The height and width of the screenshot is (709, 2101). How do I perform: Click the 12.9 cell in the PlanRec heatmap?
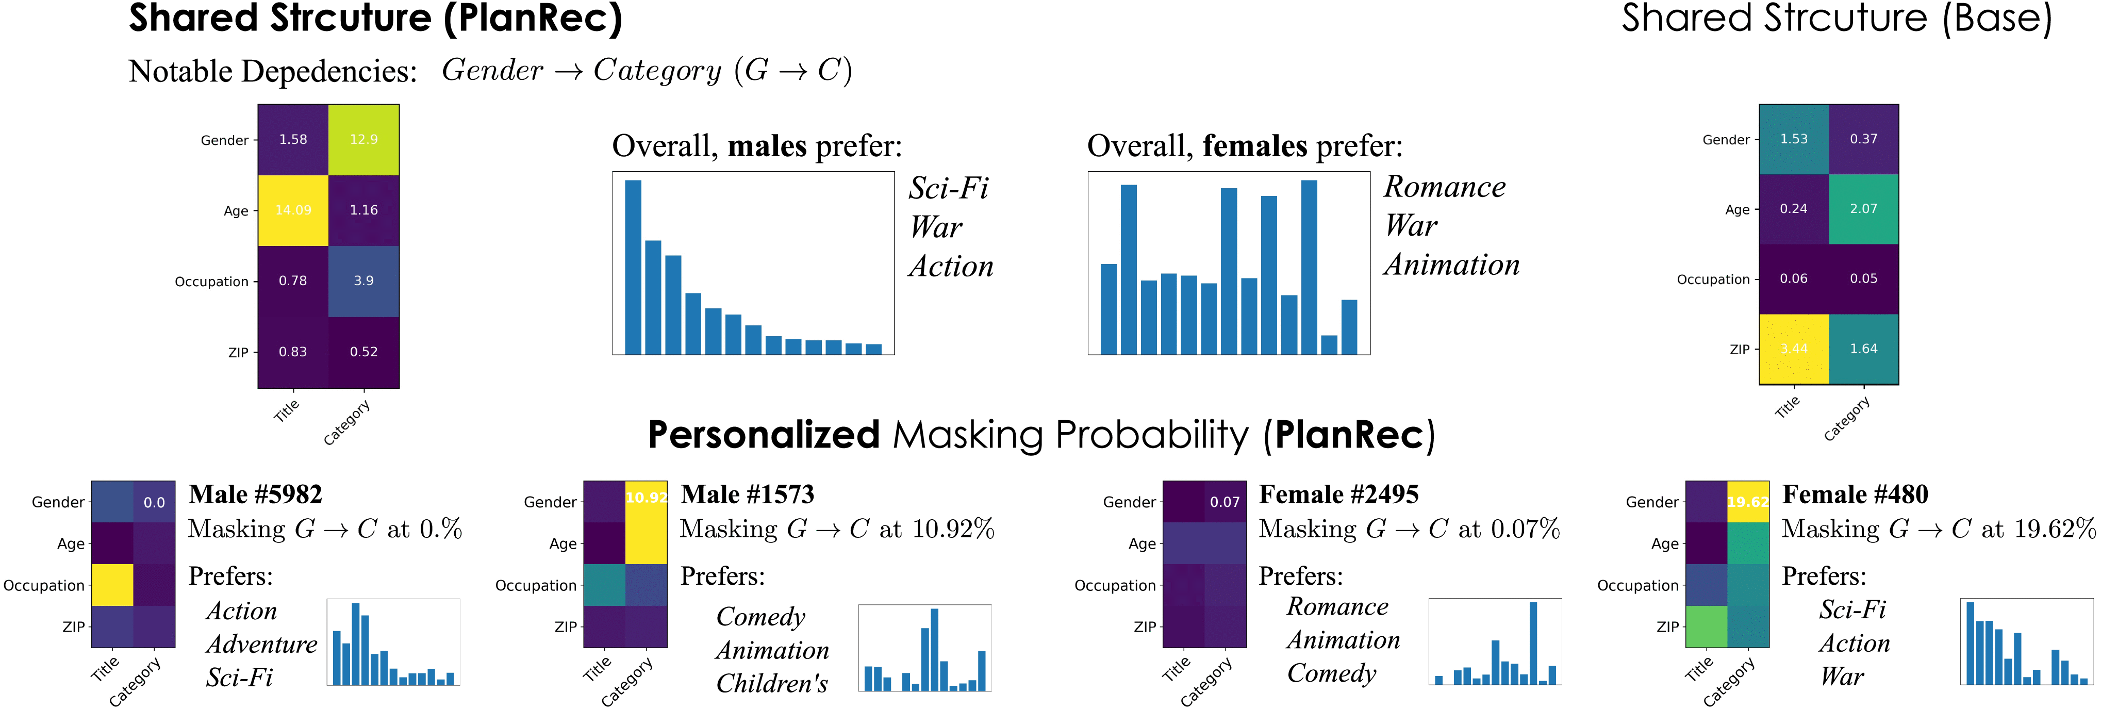click(364, 140)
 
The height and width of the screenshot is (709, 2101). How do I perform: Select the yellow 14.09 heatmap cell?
click(293, 210)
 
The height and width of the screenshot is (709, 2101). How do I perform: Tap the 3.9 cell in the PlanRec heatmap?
click(364, 281)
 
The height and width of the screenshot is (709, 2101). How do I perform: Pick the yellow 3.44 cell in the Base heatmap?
click(1794, 349)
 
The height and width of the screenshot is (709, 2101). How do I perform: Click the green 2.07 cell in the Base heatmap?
click(1864, 209)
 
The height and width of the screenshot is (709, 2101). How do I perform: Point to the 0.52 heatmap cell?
click(364, 352)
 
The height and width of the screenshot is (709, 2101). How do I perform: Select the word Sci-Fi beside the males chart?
click(949, 189)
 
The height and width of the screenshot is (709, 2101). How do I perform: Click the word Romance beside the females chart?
click(1445, 187)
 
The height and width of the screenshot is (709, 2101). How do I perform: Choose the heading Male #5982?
click(255, 494)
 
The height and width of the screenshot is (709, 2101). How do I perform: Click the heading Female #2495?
click(1338, 494)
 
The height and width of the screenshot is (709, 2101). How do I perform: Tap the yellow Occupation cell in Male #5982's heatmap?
click(112, 585)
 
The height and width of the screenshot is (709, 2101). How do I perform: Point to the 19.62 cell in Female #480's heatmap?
click(1748, 502)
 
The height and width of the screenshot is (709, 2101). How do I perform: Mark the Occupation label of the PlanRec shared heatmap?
click(211, 282)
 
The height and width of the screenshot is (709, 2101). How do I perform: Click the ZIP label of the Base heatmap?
click(1740, 349)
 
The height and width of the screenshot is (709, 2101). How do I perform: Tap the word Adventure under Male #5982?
click(262, 645)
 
